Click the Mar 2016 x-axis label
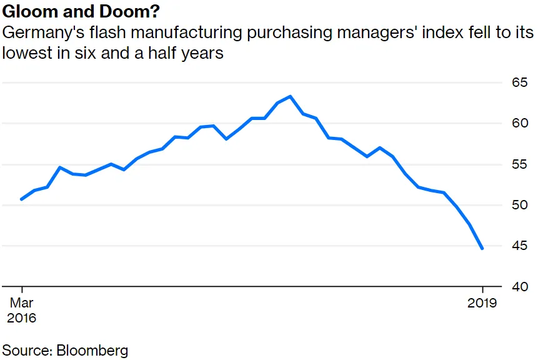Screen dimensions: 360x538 pos(21,310)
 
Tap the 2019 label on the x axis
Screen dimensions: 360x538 pos(482,303)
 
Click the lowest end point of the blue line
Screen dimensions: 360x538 pos(482,249)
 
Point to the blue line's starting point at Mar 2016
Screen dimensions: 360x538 pos(21,199)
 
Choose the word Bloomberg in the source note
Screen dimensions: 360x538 pos(92,349)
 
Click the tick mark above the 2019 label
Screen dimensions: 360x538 pos(482,291)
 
